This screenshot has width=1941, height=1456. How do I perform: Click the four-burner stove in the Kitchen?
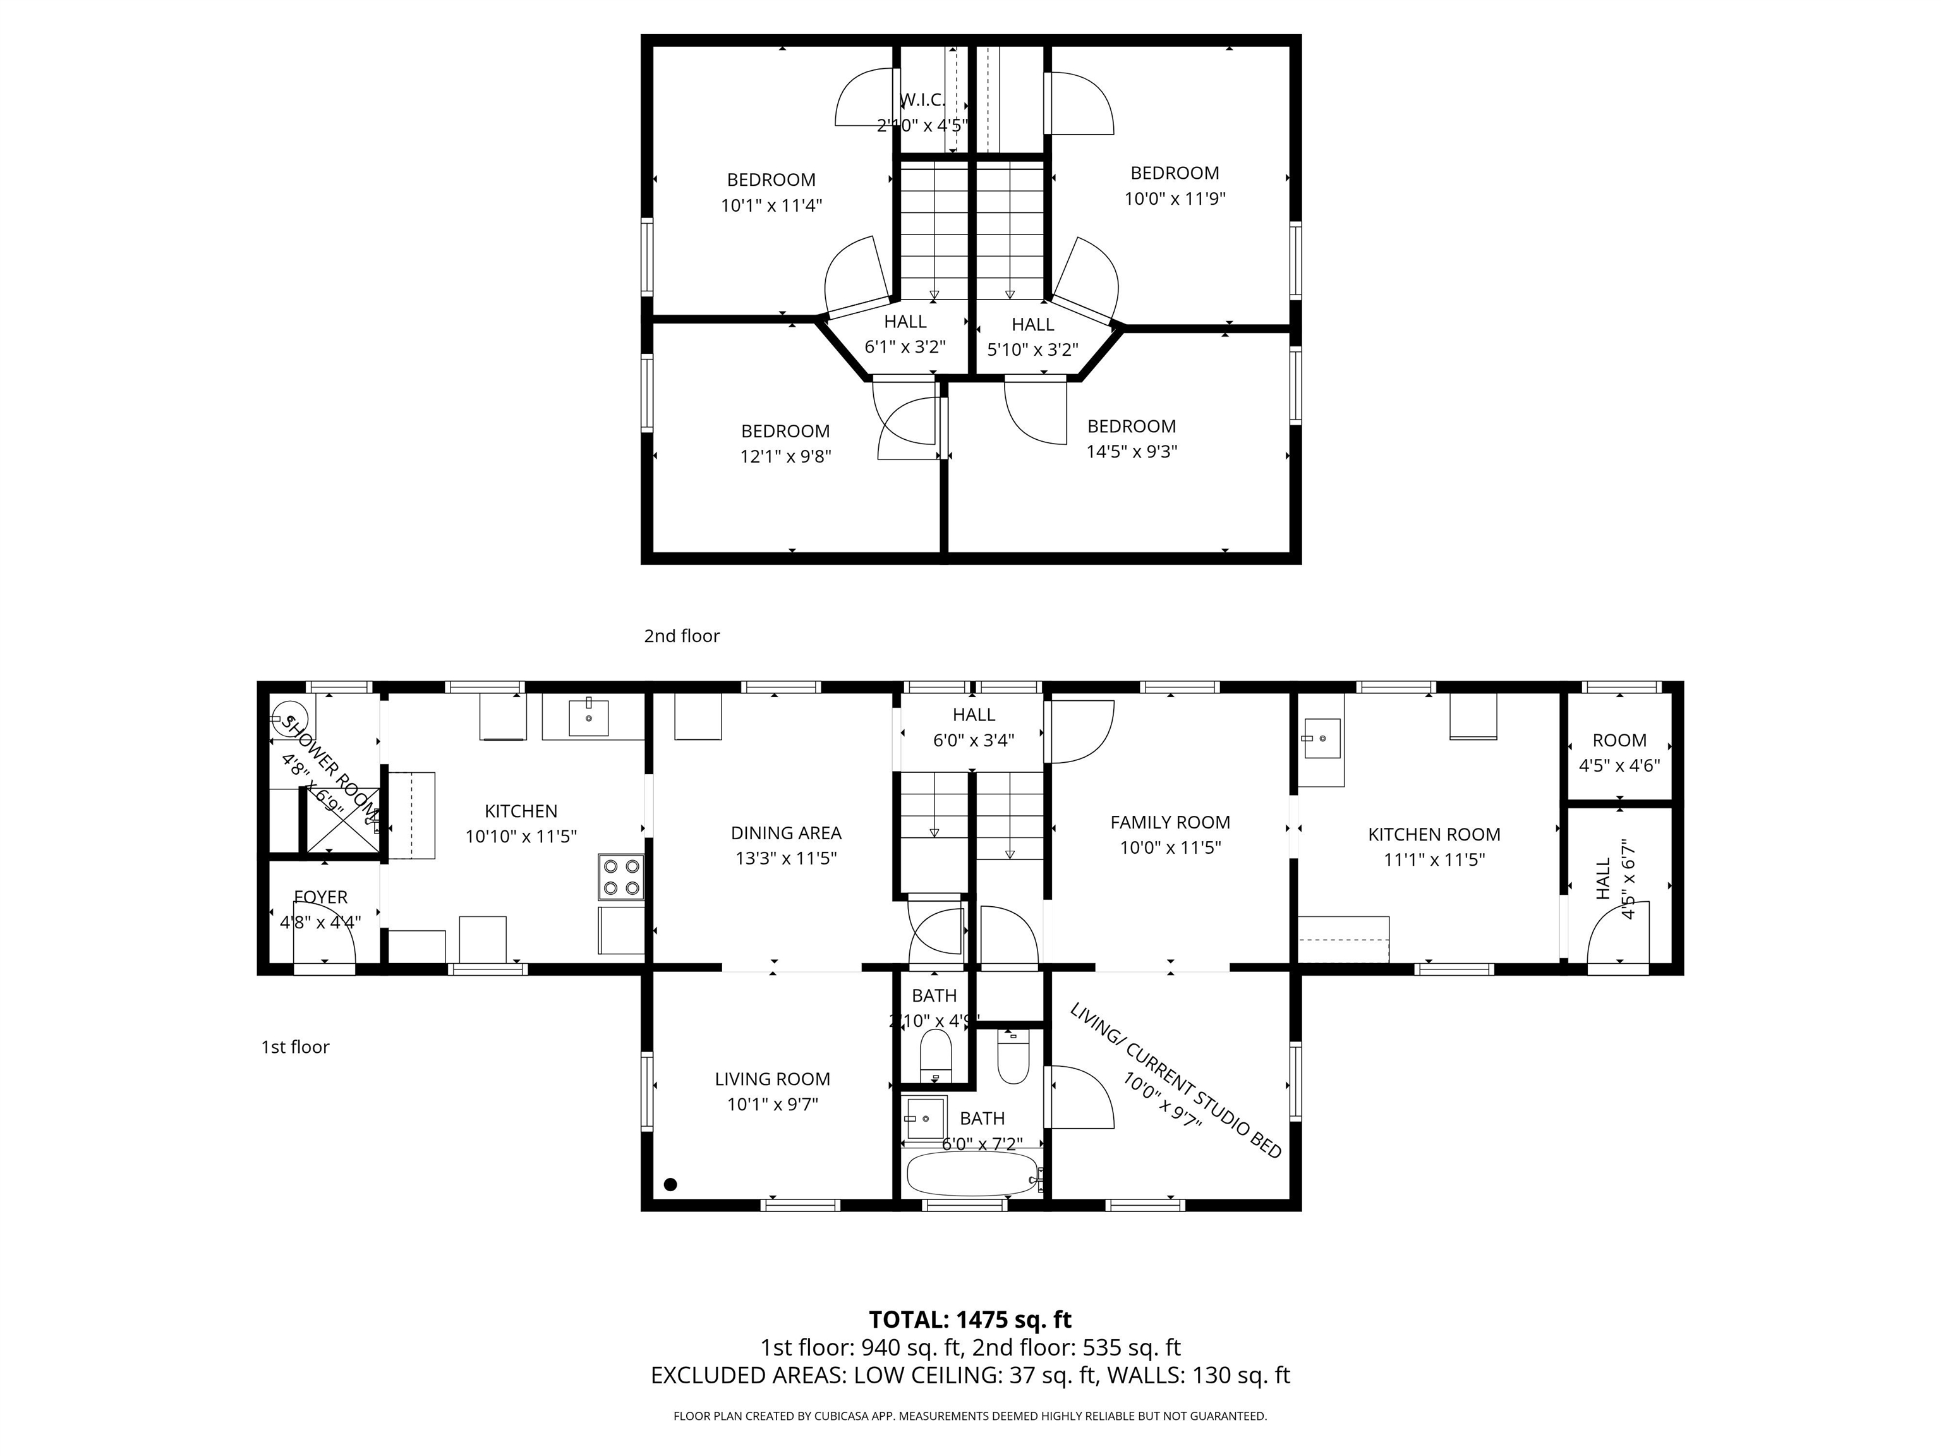pyautogui.click(x=620, y=877)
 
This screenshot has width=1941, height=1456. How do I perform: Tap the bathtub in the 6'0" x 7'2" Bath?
pyautogui.click(x=971, y=1174)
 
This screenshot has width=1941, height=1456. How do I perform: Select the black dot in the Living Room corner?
pyautogui.click(x=670, y=1184)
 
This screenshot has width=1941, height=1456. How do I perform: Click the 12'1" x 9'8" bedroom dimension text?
pyautogui.click(x=785, y=456)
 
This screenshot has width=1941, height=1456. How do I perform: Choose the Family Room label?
pyautogui.click(x=1170, y=822)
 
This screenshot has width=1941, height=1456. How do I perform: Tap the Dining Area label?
pyautogui.click(x=785, y=833)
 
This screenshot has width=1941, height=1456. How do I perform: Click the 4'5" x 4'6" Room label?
pyautogui.click(x=1619, y=741)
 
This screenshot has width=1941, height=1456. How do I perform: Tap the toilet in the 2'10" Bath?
pyautogui.click(x=934, y=1054)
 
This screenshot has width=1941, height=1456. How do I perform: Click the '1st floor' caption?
pyautogui.click(x=295, y=1047)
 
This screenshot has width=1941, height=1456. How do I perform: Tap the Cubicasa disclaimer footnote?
pyautogui.click(x=970, y=1416)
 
